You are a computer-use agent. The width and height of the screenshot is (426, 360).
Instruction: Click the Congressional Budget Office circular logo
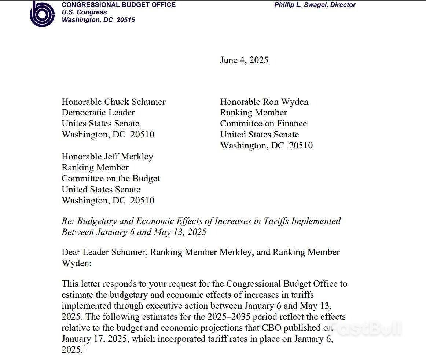tap(42, 14)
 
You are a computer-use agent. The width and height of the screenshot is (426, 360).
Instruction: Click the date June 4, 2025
tap(244, 60)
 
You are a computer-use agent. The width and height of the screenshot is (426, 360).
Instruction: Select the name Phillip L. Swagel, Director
tap(315, 5)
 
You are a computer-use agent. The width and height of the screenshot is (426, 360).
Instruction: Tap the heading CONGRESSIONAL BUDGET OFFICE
tap(118, 5)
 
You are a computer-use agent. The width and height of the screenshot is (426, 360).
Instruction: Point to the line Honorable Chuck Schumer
tap(113, 102)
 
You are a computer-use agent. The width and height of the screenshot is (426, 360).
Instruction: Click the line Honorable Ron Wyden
tap(264, 102)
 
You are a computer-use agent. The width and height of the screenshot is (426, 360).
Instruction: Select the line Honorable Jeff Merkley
tap(107, 157)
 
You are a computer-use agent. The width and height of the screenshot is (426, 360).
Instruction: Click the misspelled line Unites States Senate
tap(100, 124)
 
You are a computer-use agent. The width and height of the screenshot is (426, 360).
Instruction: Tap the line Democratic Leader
tap(98, 113)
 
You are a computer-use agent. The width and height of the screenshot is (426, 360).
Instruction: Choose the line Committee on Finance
tap(263, 124)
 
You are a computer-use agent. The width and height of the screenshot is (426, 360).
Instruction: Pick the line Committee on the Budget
tap(110, 179)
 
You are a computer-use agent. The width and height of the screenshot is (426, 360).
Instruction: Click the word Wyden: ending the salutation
tap(76, 263)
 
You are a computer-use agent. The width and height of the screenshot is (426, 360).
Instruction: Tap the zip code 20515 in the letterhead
tap(126, 20)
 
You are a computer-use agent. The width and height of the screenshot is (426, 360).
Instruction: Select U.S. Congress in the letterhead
tap(84, 12)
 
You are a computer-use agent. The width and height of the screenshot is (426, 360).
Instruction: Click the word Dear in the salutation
tap(70, 252)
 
